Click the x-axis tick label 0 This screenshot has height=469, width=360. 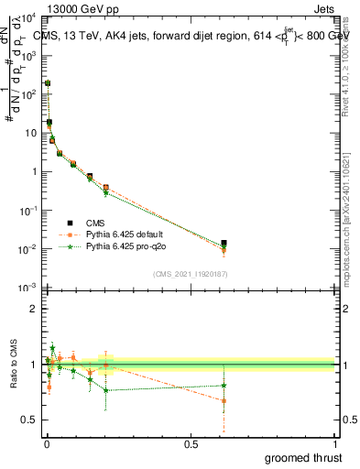point(46,444)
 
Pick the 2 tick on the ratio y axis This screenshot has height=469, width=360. point(38,309)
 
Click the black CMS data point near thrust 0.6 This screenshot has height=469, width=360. point(224,244)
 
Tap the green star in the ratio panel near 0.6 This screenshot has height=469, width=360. point(224,385)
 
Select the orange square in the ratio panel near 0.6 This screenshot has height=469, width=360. point(224,400)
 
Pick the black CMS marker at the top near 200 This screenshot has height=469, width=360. point(48,83)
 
